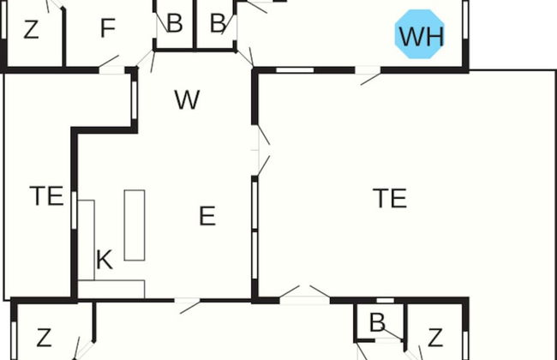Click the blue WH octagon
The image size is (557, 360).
[422, 35]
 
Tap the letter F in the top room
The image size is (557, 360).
[107, 29]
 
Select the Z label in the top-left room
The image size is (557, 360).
[32, 31]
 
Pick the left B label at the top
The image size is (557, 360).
[174, 23]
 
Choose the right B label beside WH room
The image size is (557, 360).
[219, 23]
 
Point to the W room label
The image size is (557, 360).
[187, 100]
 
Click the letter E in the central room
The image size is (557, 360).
[207, 216]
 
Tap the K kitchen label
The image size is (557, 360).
[104, 261]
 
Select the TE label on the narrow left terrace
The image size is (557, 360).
[47, 196]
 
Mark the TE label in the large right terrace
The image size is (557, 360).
[390, 198]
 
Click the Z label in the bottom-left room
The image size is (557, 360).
[44, 336]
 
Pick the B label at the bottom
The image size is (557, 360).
[376, 323]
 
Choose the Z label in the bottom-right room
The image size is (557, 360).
[435, 336]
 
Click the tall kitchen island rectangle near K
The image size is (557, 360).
[135, 225]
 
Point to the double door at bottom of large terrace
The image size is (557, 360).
[305, 295]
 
